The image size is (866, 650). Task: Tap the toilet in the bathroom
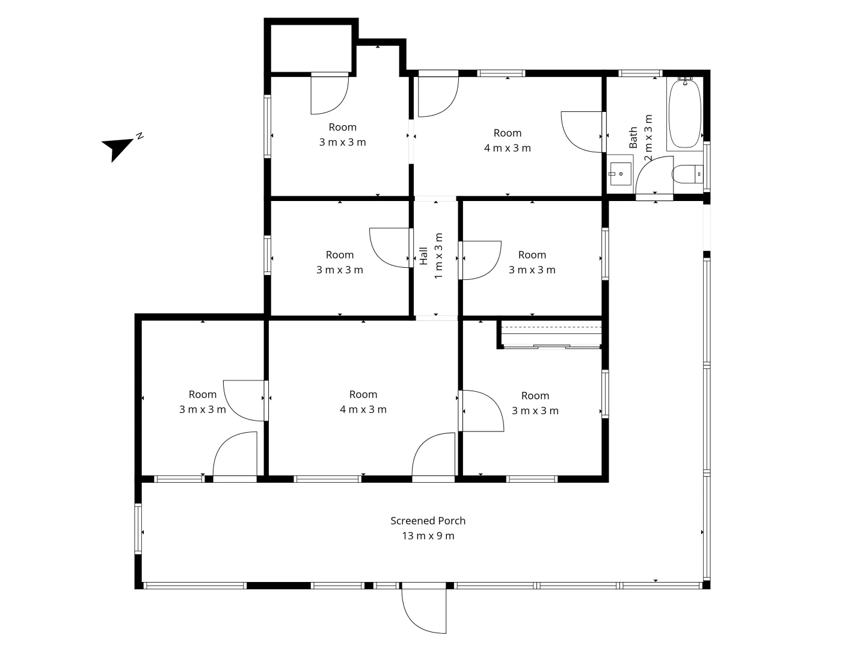(x=686, y=175)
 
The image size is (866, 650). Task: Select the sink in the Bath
(x=620, y=173)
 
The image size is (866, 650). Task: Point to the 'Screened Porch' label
(x=428, y=521)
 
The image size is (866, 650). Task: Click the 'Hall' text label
(x=423, y=256)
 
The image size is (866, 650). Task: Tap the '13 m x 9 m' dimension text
(x=428, y=536)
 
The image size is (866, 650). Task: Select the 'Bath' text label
(x=633, y=138)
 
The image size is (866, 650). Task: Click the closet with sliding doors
(x=551, y=335)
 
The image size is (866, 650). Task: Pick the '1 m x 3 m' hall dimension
(x=438, y=256)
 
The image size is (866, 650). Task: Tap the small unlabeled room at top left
(x=310, y=48)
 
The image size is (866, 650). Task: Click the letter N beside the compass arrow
(x=140, y=135)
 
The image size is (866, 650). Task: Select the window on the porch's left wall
(x=138, y=528)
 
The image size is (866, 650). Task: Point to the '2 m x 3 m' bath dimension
(x=648, y=138)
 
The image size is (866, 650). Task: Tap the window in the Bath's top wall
(x=640, y=73)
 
